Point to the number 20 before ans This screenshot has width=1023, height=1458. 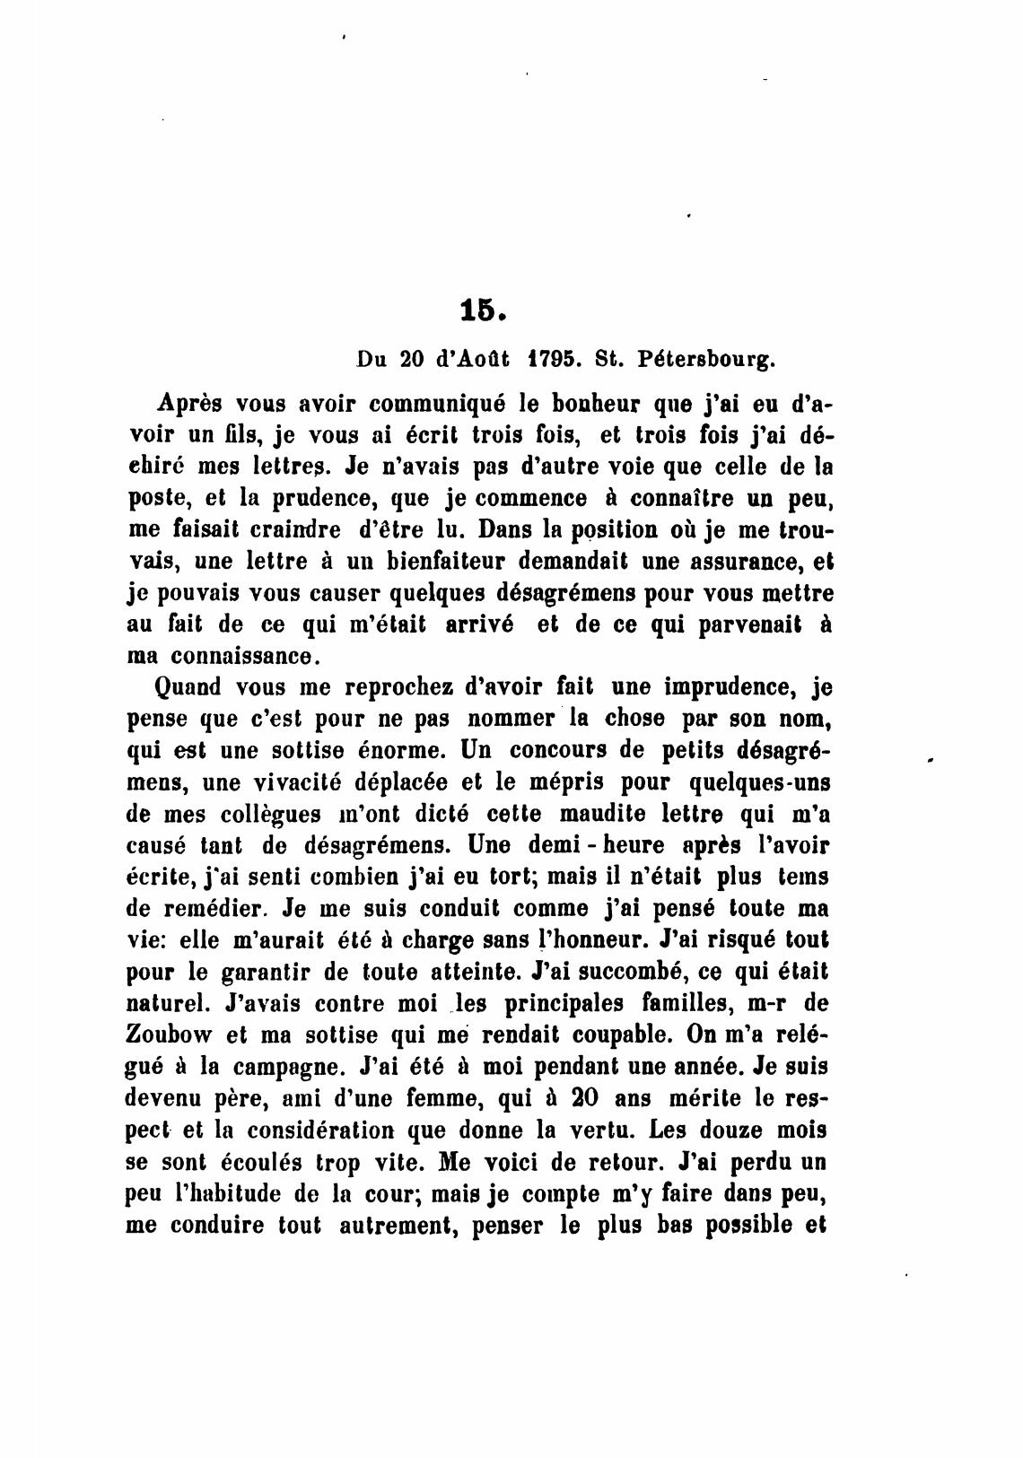click(605, 1096)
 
